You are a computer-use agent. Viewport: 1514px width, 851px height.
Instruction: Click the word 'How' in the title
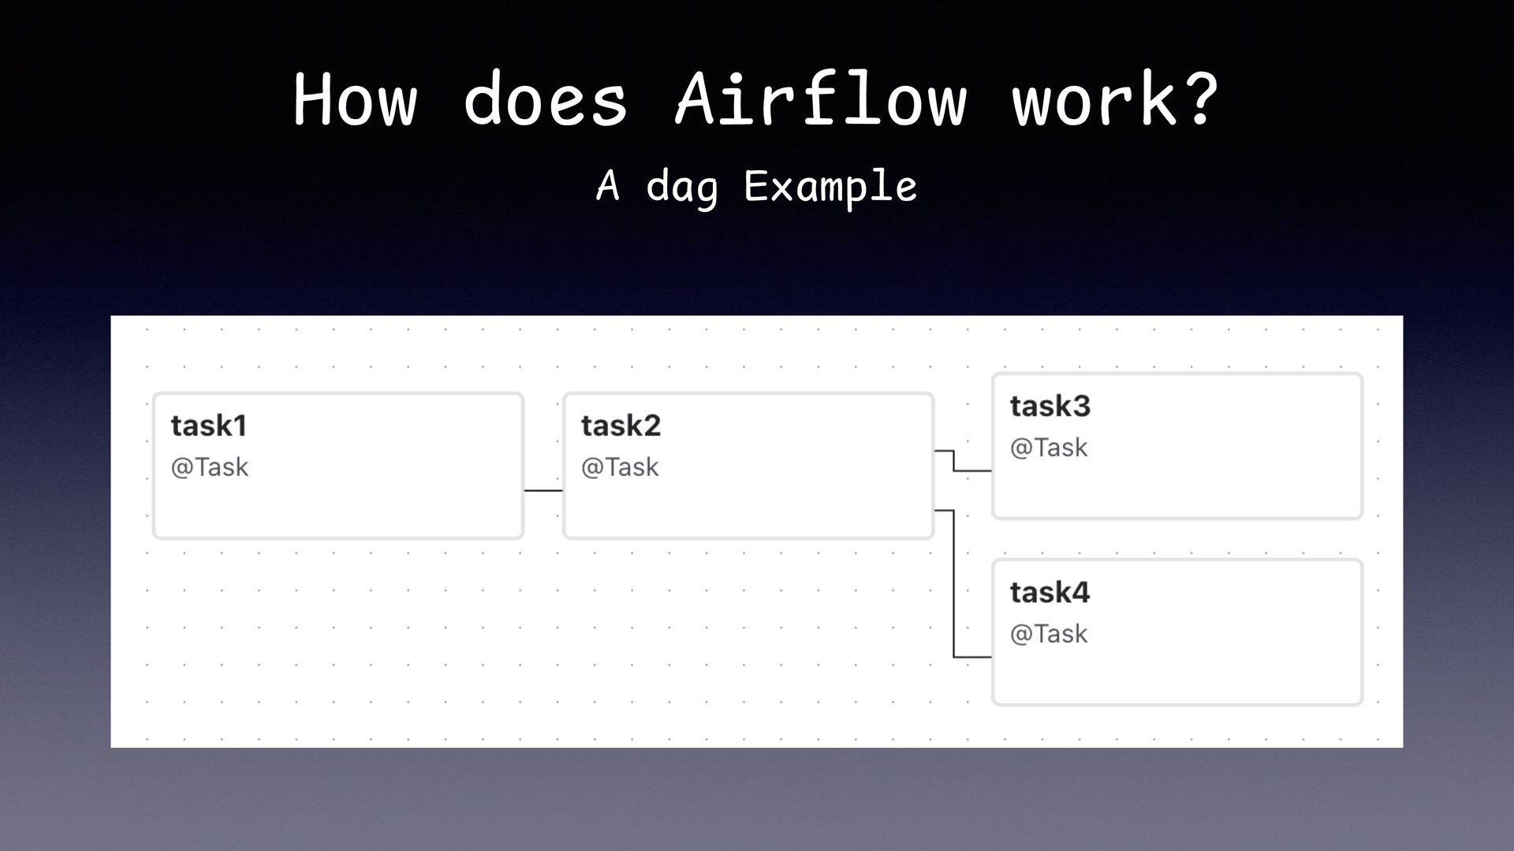click(x=355, y=100)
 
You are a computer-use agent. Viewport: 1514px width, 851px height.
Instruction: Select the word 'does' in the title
click(x=545, y=100)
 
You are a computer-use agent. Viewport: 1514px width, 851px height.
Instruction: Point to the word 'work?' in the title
click(x=1115, y=100)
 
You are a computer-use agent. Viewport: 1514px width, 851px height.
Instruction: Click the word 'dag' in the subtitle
click(x=682, y=188)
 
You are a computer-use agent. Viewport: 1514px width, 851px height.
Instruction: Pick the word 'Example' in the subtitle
click(x=830, y=188)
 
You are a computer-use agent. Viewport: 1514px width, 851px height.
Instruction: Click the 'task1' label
click(x=209, y=425)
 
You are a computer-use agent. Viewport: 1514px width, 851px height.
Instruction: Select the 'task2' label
click(x=621, y=425)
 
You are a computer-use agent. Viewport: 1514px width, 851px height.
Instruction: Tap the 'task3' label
click(x=1050, y=406)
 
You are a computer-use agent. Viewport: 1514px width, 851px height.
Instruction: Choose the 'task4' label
click(x=1050, y=592)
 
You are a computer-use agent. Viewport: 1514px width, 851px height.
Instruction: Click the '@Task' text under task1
click(x=210, y=467)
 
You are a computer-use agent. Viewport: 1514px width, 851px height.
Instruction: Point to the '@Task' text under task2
click(x=620, y=467)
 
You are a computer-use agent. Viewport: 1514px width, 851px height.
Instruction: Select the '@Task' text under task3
click(x=1049, y=448)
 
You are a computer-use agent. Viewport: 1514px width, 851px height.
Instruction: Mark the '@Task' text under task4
click(x=1049, y=634)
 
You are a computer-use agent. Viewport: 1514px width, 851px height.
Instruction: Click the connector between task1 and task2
click(x=543, y=490)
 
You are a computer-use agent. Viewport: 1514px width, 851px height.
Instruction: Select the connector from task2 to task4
click(x=954, y=583)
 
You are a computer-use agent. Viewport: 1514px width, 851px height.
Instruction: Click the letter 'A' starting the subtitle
click(x=607, y=186)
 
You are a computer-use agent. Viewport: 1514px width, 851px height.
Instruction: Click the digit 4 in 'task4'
click(x=1080, y=592)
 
